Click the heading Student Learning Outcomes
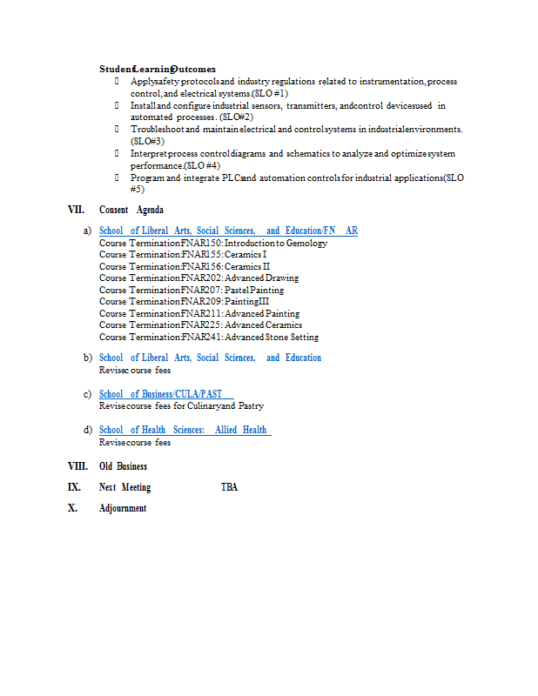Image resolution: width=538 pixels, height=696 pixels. (x=158, y=69)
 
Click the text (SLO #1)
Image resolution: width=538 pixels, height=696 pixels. (x=270, y=93)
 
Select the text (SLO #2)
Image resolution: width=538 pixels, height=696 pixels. (x=236, y=117)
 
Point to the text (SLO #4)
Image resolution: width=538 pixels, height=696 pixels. (x=201, y=165)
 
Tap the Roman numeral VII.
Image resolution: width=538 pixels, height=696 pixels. (x=77, y=210)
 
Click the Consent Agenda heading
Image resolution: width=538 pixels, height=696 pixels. (x=131, y=210)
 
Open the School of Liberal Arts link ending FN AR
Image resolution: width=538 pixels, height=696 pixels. (x=228, y=231)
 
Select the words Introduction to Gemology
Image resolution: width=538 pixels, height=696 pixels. (x=276, y=243)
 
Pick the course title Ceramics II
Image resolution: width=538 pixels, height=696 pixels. (x=247, y=266)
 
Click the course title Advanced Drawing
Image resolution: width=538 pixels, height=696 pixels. (x=261, y=278)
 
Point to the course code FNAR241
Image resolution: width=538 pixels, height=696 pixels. (x=201, y=337)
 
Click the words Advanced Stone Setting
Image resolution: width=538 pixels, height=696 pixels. (x=272, y=337)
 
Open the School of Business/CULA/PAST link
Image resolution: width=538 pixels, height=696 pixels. (x=165, y=394)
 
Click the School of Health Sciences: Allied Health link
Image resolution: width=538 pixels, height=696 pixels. (x=185, y=430)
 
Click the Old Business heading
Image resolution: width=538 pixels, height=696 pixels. (x=123, y=466)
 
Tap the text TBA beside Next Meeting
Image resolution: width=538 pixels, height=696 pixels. (x=229, y=487)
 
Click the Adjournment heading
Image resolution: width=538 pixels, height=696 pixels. (x=123, y=508)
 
